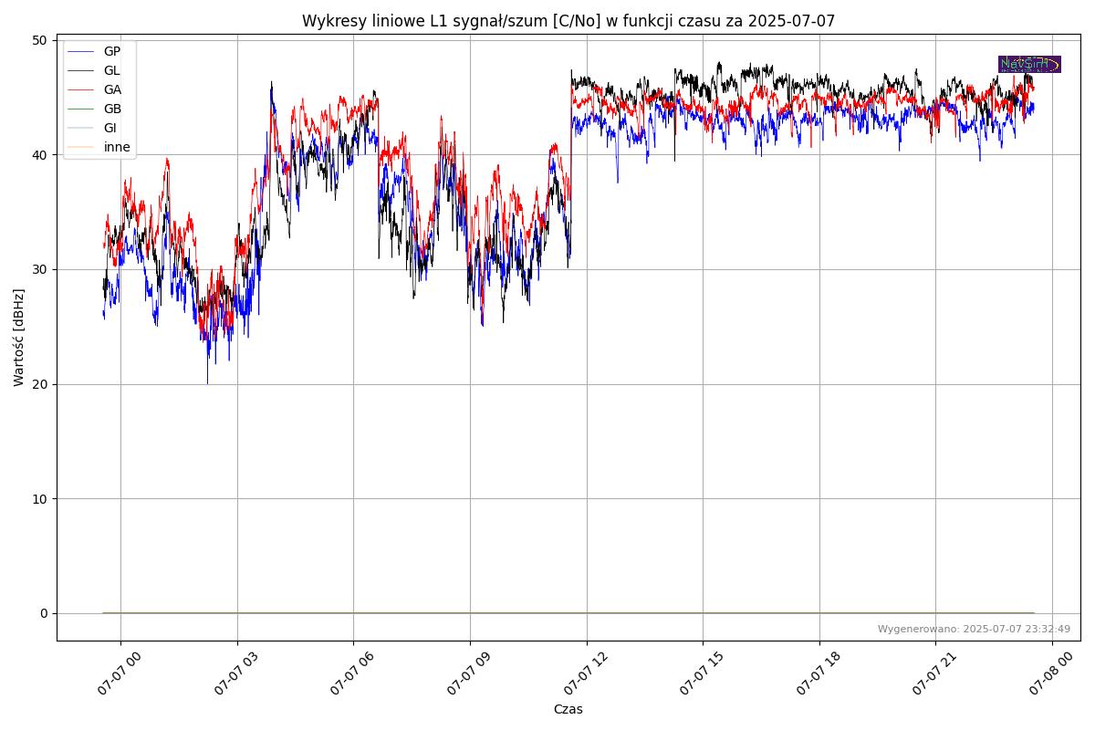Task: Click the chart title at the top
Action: click(568, 21)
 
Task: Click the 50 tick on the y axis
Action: click(39, 40)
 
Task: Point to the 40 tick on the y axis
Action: click(39, 155)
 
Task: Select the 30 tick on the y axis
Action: click(39, 269)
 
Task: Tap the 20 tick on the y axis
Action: click(39, 384)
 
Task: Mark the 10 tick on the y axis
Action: click(39, 499)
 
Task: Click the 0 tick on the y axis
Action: click(43, 613)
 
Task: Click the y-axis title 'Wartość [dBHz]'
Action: click(19, 337)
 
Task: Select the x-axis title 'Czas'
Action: click(568, 709)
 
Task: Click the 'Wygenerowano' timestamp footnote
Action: click(974, 629)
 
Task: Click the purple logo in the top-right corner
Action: click(1029, 64)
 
